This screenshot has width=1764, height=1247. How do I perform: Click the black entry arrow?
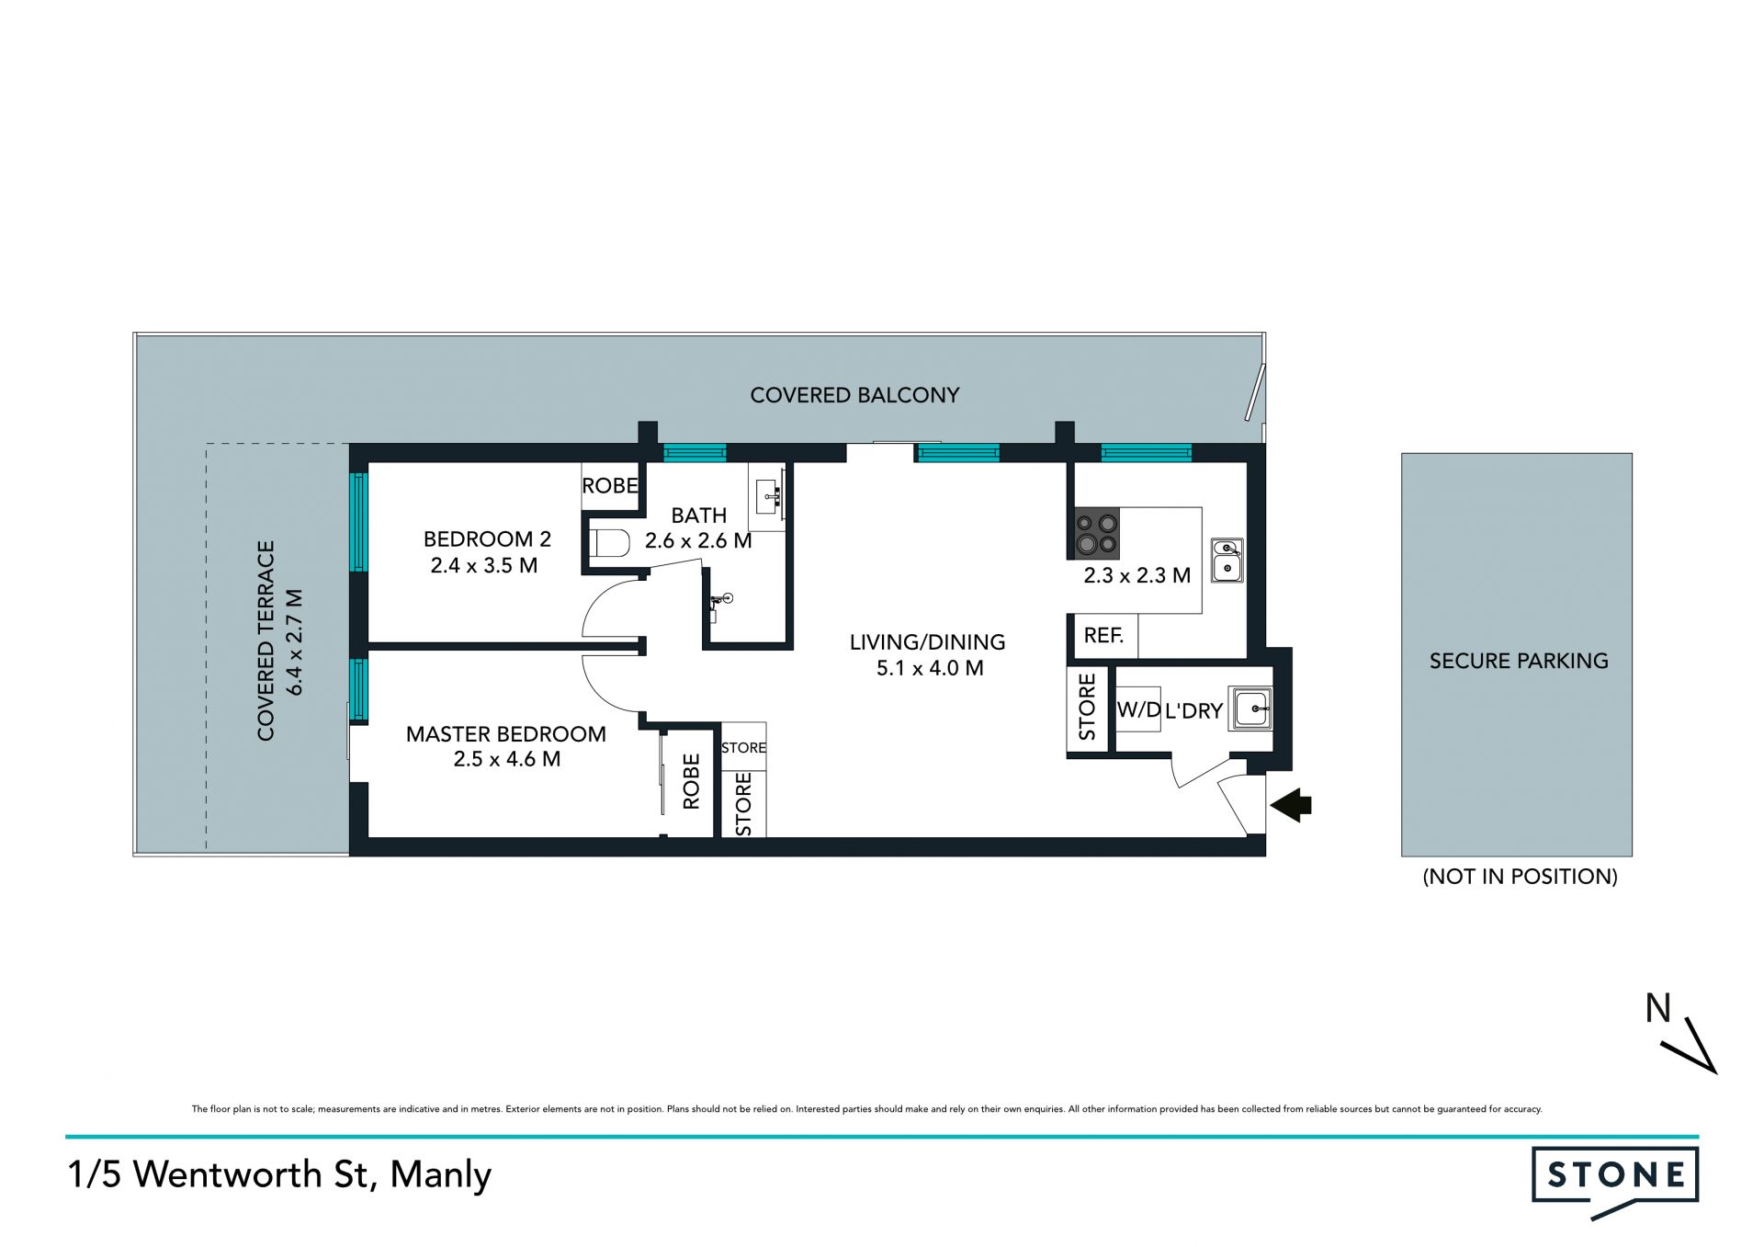(x=1291, y=804)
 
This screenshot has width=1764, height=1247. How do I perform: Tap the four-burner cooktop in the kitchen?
(x=1097, y=534)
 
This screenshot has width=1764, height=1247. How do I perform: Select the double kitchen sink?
(x=1227, y=561)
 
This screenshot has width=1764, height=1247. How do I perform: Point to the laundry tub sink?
(x=1251, y=709)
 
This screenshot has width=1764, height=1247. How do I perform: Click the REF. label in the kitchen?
(x=1103, y=635)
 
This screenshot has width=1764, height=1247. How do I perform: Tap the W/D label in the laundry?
(x=1139, y=709)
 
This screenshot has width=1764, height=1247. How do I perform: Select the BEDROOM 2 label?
(x=487, y=538)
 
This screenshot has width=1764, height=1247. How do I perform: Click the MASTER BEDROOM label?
(x=506, y=734)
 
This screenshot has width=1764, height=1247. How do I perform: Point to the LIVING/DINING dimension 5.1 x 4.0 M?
(x=930, y=668)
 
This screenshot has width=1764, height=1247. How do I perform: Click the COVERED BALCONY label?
(x=854, y=395)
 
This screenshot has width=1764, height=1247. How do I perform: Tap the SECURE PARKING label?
(x=1519, y=661)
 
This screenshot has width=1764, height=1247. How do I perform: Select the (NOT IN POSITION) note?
(x=1520, y=877)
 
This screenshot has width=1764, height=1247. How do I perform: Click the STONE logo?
(x=1614, y=1181)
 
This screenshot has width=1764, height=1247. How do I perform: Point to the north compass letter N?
(x=1657, y=1009)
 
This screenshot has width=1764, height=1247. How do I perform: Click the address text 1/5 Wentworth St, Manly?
(x=279, y=1175)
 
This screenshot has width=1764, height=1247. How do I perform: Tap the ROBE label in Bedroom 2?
(x=610, y=485)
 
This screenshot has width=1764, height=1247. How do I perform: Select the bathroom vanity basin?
(x=767, y=497)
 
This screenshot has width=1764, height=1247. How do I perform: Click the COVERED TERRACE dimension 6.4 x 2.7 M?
(x=294, y=641)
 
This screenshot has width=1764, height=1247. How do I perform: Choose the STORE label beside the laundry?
(x=1088, y=707)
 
